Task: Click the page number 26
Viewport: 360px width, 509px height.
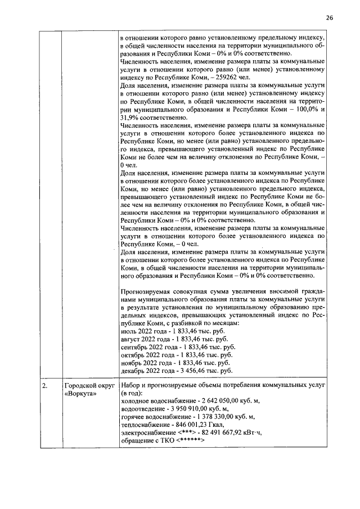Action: pyautogui.click(x=329, y=18)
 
